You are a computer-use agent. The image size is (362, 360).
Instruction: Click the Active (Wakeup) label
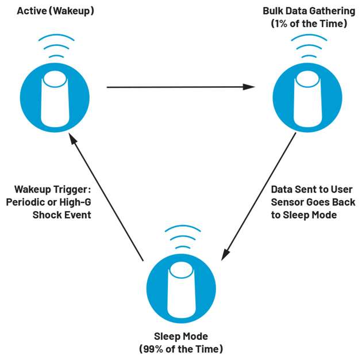pyautogui.click(x=55, y=11)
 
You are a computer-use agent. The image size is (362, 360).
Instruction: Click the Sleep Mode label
pyautogui.click(x=180, y=336)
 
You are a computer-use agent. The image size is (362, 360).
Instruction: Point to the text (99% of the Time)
pyautogui.click(x=180, y=348)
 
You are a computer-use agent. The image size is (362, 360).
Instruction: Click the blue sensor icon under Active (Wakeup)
pyautogui.click(x=55, y=96)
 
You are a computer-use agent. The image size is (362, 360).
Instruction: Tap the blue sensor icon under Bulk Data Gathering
pyautogui.click(x=308, y=96)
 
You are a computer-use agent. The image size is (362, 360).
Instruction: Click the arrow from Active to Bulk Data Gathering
pyautogui.click(x=180, y=87)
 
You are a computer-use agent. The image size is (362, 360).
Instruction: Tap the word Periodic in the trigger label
pyautogui.click(x=26, y=202)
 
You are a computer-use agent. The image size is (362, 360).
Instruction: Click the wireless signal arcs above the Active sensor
pyautogui.click(x=55, y=49)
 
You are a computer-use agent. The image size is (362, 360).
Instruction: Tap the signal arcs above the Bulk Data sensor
pyautogui.click(x=308, y=49)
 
